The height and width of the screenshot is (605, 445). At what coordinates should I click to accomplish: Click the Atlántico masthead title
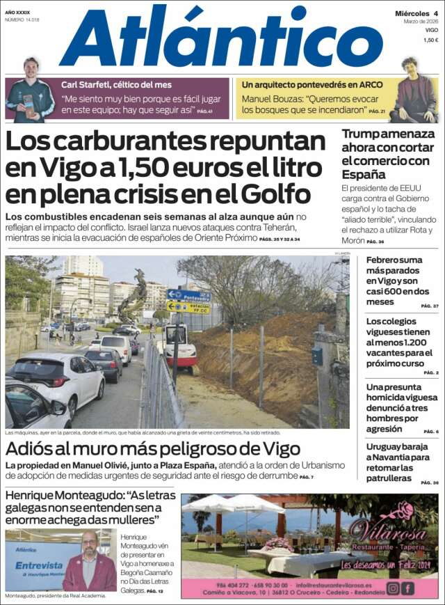[x=221, y=38]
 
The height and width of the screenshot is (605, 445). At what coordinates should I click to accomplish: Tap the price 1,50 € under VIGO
[x=431, y=40]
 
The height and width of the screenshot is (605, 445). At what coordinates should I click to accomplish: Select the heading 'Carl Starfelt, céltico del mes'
[x=115, y=84]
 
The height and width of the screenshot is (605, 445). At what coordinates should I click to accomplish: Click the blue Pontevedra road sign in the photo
[x=188, y=295]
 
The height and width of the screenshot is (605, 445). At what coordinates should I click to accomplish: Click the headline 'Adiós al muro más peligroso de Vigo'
[x=153, y=449]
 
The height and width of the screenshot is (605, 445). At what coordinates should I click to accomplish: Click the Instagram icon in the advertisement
[x=394, y=588]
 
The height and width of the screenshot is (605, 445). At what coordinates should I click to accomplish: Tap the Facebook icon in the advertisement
[x=408, y=588]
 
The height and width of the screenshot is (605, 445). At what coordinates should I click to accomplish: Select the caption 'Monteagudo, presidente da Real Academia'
[x=55, y=597]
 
